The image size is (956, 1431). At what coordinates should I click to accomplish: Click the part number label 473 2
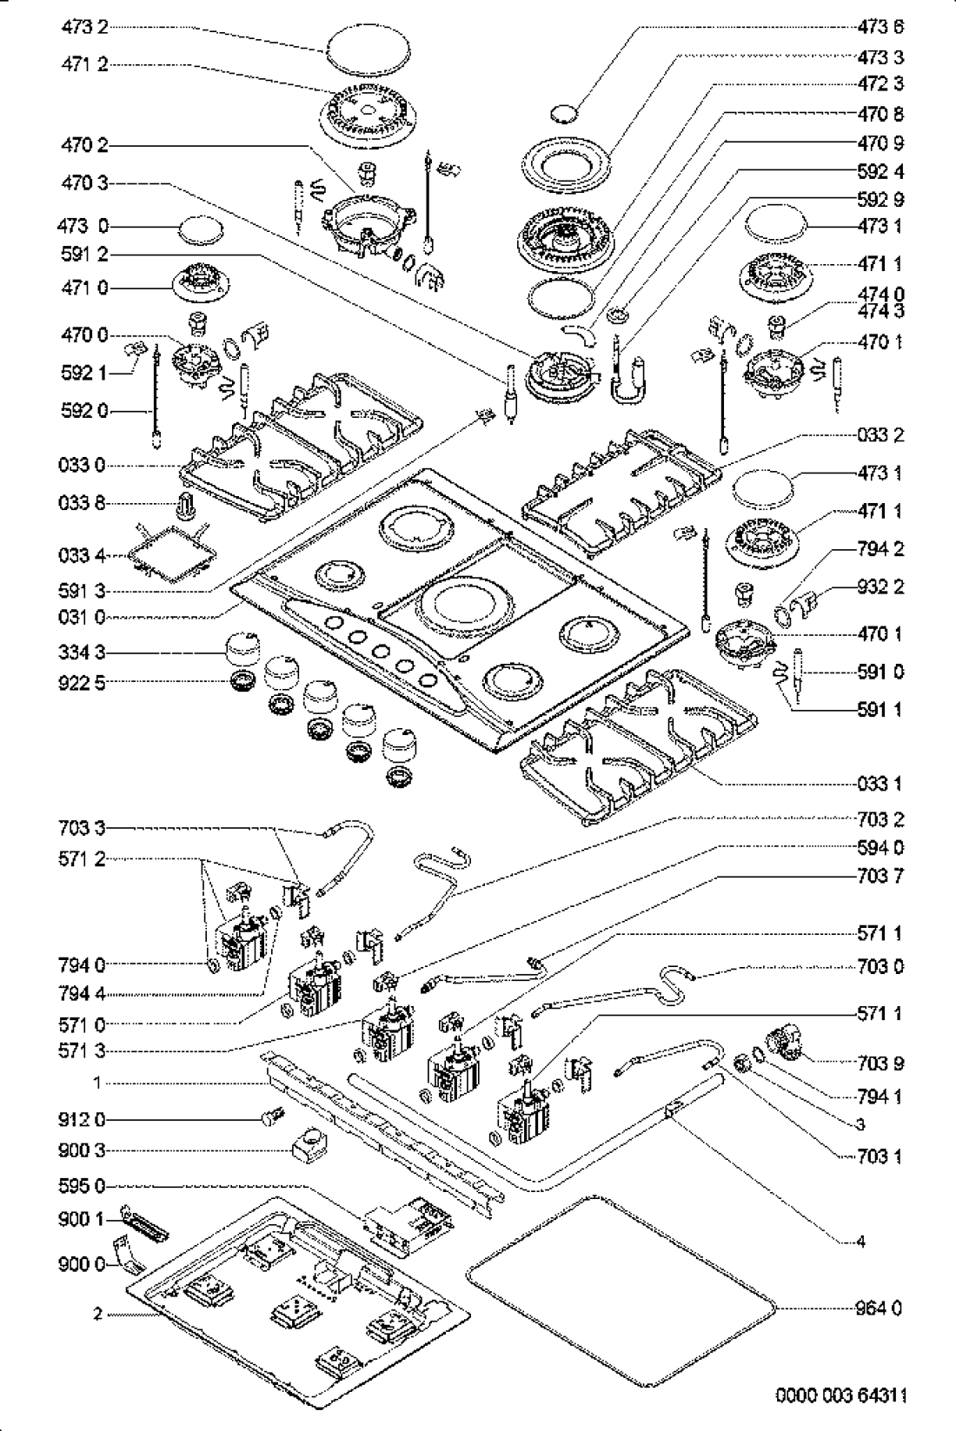pos(84,27)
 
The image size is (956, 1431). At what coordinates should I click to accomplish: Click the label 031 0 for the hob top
pos(84,619)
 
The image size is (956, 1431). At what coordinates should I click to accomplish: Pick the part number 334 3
pos(84,652)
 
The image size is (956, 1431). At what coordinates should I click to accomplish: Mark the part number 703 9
pos(880,1063)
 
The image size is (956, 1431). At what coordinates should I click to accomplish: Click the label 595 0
pos(84,1185)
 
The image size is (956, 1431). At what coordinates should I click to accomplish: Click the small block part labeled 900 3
pos(309,1149)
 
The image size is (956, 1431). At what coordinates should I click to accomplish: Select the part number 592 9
pos(880,199)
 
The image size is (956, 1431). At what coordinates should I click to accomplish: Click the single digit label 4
pos(860,1242)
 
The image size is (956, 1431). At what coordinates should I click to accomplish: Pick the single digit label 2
pos(98,1314)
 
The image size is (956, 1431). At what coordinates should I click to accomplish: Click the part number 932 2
pos(880,586)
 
